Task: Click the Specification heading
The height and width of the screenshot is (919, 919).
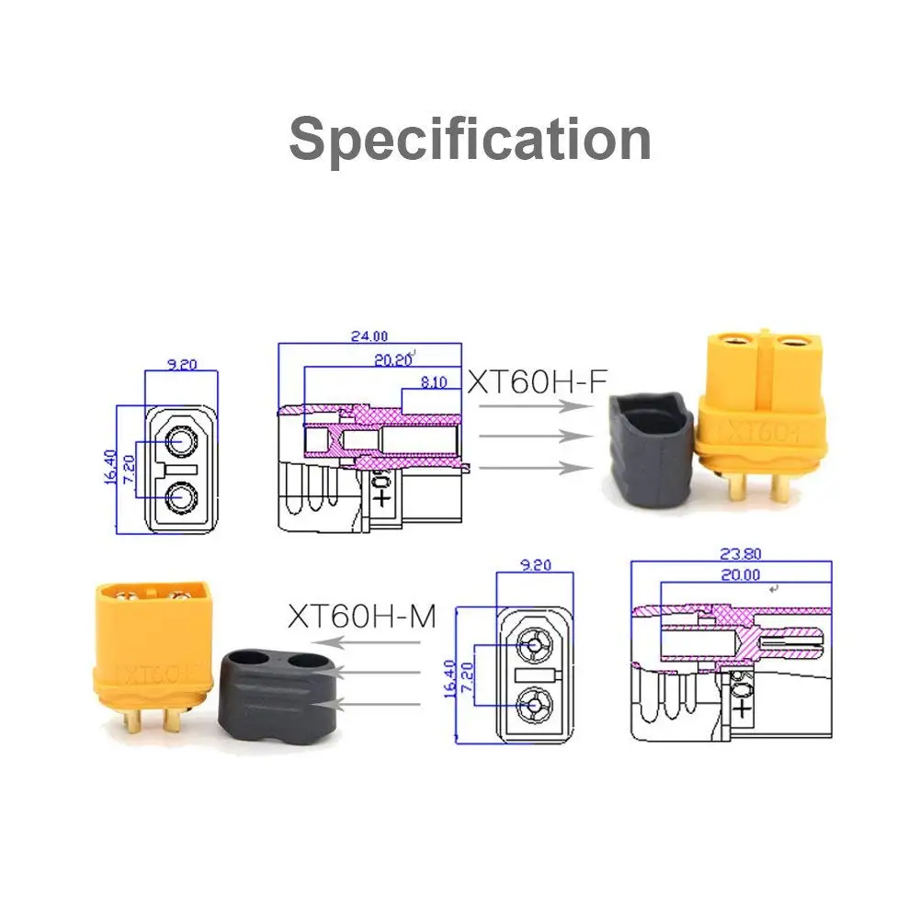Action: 470,140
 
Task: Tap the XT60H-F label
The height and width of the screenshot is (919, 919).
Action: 537,381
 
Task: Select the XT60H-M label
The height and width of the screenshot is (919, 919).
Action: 361,615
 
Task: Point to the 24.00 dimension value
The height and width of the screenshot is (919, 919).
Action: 369,336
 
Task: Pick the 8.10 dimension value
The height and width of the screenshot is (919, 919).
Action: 432,382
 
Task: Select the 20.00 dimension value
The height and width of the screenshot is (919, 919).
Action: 742,575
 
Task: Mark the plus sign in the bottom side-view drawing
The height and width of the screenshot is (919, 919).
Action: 741,709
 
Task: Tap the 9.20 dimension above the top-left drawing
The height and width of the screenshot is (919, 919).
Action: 182,364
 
